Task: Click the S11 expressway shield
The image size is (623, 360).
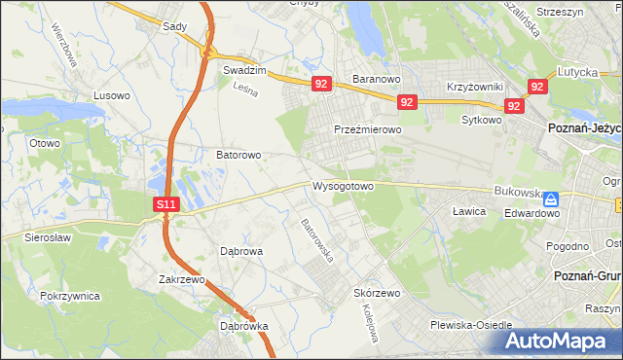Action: (x=166, y=204)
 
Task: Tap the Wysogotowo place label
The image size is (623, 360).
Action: (x=343, y=185)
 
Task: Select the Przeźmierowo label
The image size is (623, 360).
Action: (x=368, y=129)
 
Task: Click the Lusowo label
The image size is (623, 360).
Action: (x=111, y=95)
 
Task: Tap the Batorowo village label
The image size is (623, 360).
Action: (x=238, y=155)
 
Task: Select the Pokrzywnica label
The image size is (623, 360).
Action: (x=71, y=295)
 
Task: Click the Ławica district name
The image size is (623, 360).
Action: (x=469, y=210)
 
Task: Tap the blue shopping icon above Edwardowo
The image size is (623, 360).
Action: (x=551, y=198)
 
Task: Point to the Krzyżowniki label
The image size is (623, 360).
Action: (x=474, y=87)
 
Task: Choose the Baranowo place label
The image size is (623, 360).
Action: (x=377, y=78)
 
